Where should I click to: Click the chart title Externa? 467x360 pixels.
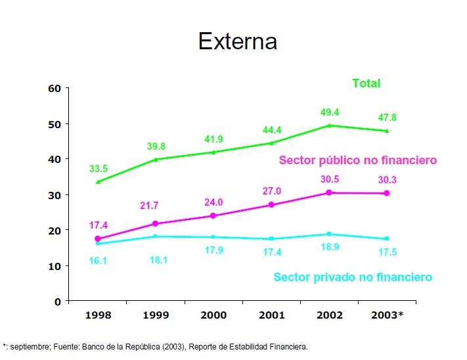(x=238, y=41)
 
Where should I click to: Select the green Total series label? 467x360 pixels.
(x=366, y=83)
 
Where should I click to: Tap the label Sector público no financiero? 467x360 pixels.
(x=357, y=160)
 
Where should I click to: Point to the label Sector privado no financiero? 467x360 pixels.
(x=353, y=277)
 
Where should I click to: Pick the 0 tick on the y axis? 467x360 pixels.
(x=57, y=302)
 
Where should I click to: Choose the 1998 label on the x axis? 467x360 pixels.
(x=97, y=315)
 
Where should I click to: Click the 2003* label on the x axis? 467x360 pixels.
(x=386, y=315)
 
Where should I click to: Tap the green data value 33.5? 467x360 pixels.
(x=99, y=169)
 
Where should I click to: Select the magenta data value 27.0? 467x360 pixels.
(x=271, y=191)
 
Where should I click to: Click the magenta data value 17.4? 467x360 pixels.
(x=99, y=225)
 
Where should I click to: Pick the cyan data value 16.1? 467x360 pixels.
(x=99, y=261)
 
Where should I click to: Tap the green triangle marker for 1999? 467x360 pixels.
(x=155, y=159)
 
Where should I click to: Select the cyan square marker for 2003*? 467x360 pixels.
(x=386, y=238)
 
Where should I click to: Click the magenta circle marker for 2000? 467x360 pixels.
(x=213, y=215)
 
